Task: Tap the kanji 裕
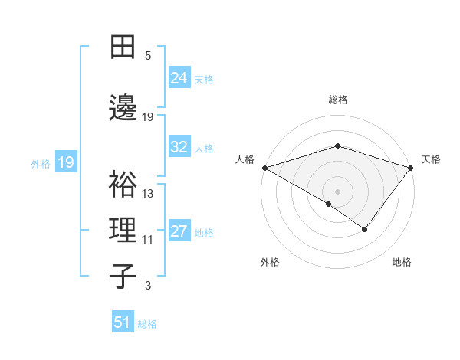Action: coord(124,185)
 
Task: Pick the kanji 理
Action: coord(124,229)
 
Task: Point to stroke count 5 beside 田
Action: coord(148,56)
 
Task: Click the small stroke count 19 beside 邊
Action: coord(148,116)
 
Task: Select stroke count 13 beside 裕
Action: coord(148,194)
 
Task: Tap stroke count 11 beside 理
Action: coord(148,240)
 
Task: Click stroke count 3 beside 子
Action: coord(148,286)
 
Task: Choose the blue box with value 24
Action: coord(179,77)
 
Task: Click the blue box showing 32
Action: coord(179,147)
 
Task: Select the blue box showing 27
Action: coord(179,231)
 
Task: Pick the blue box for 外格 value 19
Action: coord(65,162)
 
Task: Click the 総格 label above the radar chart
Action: coord(338,100)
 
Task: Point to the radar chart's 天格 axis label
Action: coord(431,159)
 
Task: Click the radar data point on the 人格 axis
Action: coord(264,167)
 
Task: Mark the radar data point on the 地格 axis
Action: coord(365,229)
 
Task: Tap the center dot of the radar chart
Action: coord(337,191)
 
